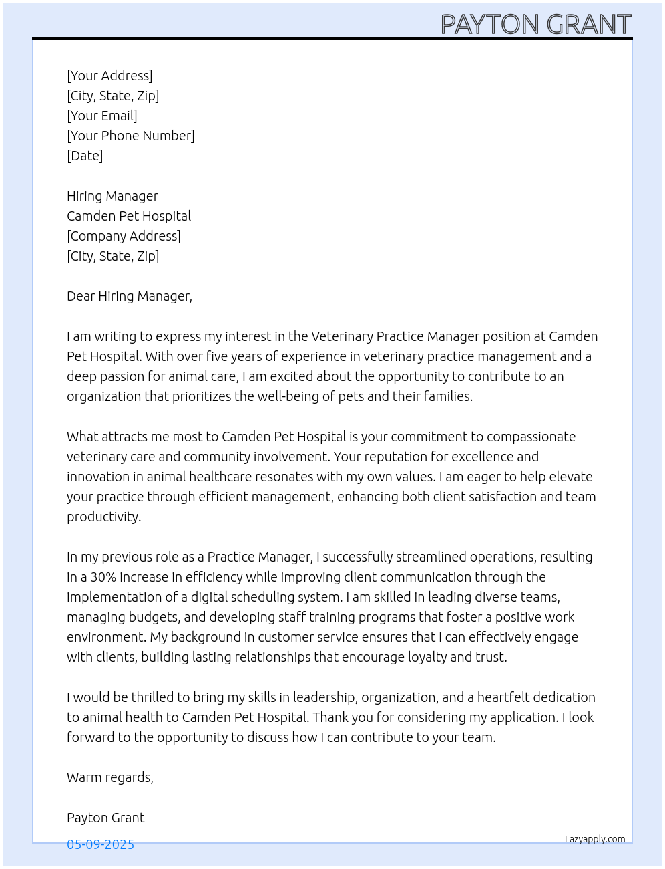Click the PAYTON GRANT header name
(535, 25)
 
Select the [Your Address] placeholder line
(109, 76)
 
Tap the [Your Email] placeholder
(102, 116)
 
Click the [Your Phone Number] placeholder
(131, 136)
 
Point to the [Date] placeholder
(85, 156)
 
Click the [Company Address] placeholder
(124, 236)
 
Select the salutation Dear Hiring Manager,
(130, 296)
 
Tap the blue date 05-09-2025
(100, 844)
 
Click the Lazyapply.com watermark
(595, 839)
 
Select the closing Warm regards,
(110, 777)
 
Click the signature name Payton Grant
(105, 818)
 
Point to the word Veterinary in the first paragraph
(342, 336)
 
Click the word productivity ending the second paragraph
(103, 517)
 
